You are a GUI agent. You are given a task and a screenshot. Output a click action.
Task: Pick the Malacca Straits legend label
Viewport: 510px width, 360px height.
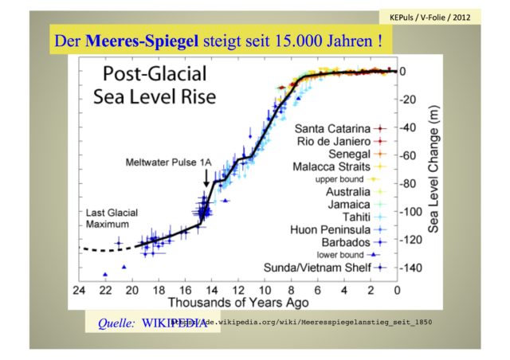tap(333, 168)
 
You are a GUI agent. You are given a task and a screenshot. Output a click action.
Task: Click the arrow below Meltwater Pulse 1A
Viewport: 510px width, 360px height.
tap(207, 177)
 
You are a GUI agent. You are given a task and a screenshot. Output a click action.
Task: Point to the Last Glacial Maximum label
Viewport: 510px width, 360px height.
tap(111, 218)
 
